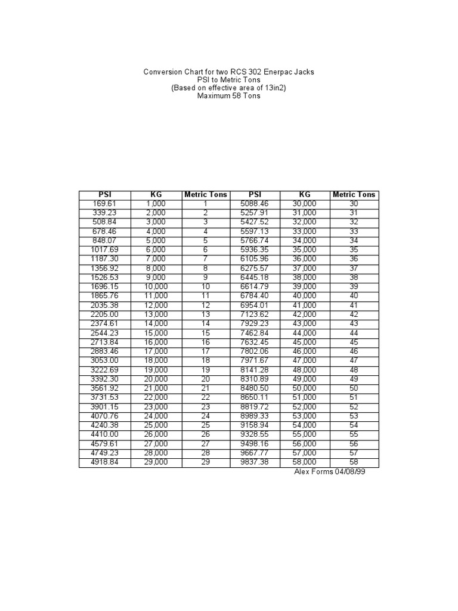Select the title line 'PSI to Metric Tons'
click(229, 80)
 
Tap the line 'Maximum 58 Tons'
click(229, 97)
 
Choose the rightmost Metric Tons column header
click(354, 195)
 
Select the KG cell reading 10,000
click(156, 286)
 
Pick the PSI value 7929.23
click(255, 323)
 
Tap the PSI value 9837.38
click(255, 462)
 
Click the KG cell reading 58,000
click(305, 462)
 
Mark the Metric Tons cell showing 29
click(206, 462)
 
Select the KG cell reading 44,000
click(305, 332)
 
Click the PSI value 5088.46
click(255, 203)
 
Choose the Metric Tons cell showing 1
click(206, 203)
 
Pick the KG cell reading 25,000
click(156, 425)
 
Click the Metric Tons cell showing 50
click(354, 388)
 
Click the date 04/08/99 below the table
click(348, 471)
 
